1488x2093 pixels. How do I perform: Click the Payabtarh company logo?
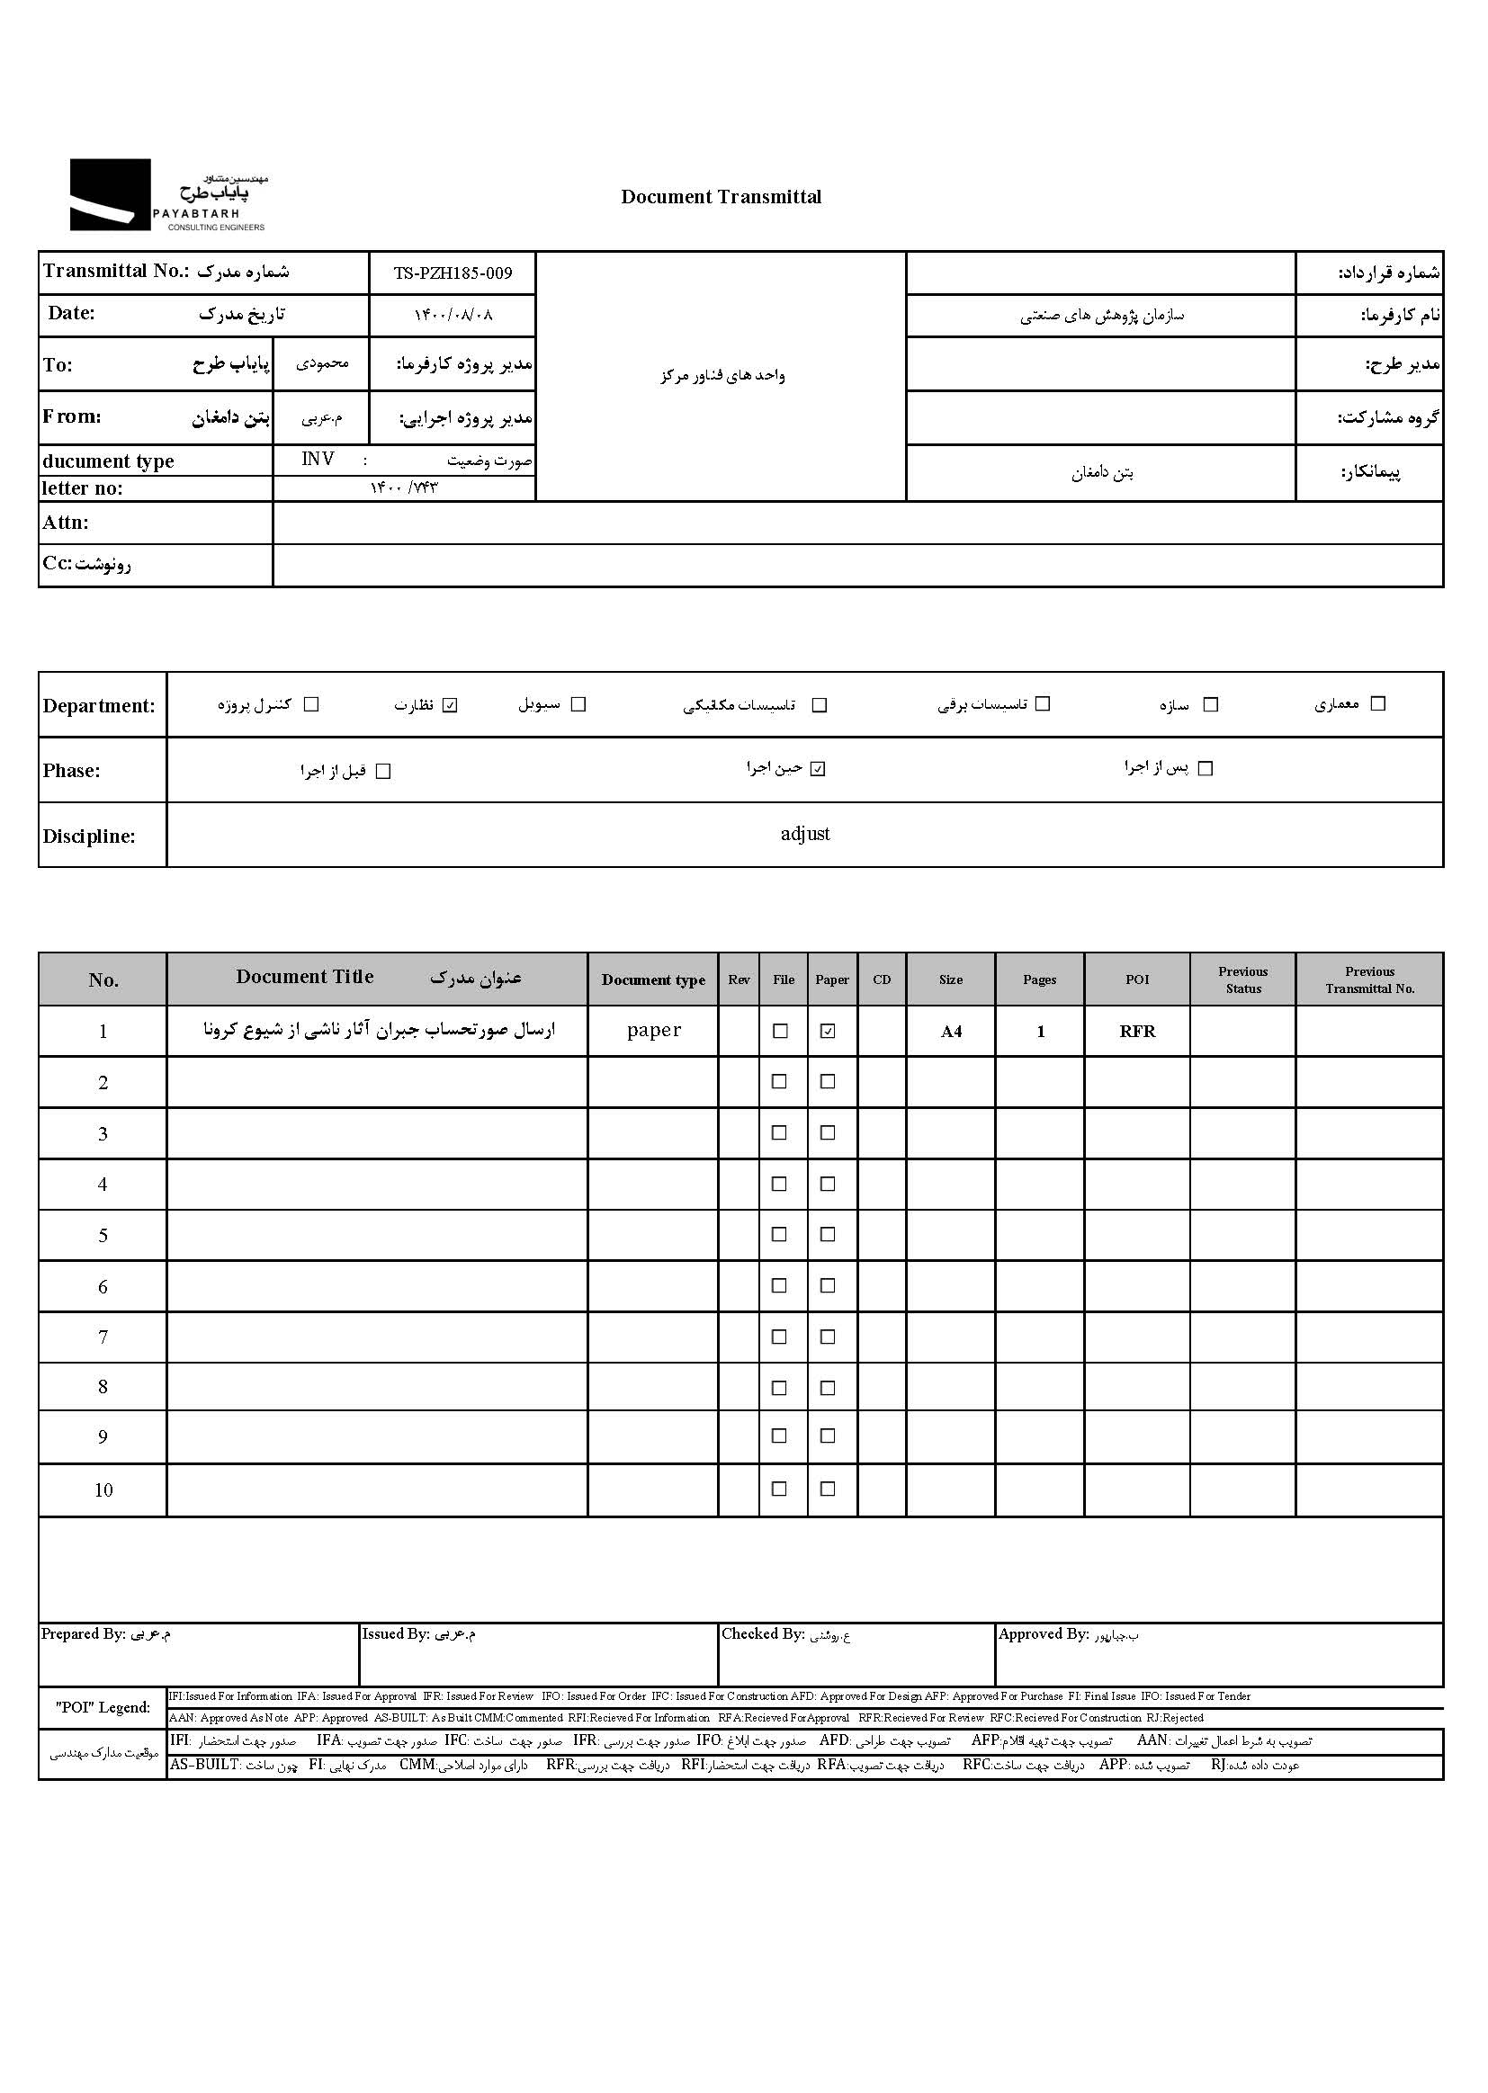click(x=167, y=195)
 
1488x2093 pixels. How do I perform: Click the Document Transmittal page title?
click(x=721, y=197)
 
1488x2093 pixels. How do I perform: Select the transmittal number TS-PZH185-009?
click(x=453, y=273)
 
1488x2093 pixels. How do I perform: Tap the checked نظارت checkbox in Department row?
click(x=450, y=705)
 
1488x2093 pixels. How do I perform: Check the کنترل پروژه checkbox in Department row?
click(x=311, y=704)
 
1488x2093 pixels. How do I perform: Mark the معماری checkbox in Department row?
click(x=1377, y=703)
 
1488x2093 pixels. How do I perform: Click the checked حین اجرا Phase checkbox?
click(x=818, y=768)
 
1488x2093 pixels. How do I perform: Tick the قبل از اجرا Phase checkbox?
click(x=383, y=771)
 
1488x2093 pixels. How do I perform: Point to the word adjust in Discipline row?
click(x=804, y=834)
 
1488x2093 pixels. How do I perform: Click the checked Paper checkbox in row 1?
click(x=829, y=1031)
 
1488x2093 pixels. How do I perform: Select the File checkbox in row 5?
click(x=780, y=1234)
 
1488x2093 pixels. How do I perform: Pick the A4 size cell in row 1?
click(x=951, y=1032)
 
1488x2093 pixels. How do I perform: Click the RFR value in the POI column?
click(x=1137, y=1032)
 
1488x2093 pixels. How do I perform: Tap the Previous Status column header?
click(x=1242, y=979)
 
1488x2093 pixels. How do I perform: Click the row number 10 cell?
click(x=103, y=1490)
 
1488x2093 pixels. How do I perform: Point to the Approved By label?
click(x=1043, y=1634)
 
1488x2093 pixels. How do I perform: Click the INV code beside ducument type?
click(x=318, y=459)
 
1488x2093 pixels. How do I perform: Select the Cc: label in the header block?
click(x=57, y=563)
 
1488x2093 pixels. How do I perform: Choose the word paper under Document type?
click(x=653, y=1031)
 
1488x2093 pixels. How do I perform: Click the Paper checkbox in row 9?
click(x=829, y=1436)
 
